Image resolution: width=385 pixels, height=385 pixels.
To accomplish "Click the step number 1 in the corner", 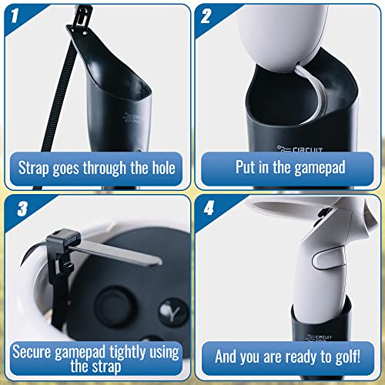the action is (15, 15).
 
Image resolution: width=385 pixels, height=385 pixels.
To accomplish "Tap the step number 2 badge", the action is (206, 15).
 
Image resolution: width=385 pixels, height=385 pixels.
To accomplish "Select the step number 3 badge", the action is (22, 209).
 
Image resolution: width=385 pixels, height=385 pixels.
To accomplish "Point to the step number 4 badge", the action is (209, 208).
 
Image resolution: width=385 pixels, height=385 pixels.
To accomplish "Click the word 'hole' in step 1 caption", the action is (164, 168).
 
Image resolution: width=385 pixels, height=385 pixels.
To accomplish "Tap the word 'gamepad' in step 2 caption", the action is (320, 169).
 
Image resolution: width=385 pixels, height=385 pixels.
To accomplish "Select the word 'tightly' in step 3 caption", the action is (128, 352).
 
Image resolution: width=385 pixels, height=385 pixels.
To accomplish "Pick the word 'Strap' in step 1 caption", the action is (34, 169).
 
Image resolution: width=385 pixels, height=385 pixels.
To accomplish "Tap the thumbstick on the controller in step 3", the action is (113, 306).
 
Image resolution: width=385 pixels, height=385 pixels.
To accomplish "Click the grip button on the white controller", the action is (329, 260).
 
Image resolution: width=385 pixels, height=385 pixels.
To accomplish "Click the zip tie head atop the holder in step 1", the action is (82, 15).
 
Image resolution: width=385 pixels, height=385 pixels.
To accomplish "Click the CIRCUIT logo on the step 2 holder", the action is (300, 149).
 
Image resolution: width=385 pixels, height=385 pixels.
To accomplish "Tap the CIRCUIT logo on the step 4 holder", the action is (320, 338).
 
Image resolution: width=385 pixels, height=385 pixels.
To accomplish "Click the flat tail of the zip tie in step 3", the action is (115, 253).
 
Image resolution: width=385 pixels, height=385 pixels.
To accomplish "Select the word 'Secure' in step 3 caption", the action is (32, 352).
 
